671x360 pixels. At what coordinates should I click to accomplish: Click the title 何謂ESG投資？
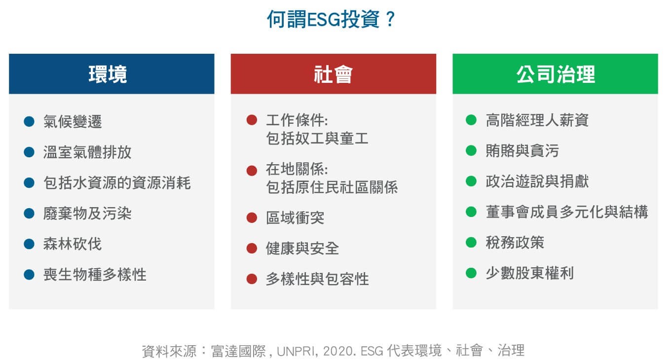coord(331,19)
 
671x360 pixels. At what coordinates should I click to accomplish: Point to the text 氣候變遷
coord(73,122)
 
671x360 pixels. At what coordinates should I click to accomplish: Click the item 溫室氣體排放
coord(87,152)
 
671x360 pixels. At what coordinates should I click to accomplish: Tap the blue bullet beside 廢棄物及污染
coord(29,214)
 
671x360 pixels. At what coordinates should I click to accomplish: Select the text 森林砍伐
coord(73,244)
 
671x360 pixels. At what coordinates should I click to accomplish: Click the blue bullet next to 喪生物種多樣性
coord(29,275)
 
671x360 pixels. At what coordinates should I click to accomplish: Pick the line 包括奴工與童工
coord(317,139)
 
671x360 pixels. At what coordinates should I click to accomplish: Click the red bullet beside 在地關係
coord(252,171)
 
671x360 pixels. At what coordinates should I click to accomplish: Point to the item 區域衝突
coord(295,218)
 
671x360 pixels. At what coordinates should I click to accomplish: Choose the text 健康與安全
coord(302,249)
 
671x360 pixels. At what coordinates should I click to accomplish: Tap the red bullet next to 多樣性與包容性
coord(252,279)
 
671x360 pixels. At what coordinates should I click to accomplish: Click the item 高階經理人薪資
coord(537,120)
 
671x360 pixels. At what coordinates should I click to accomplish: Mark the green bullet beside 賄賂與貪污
coord(471,150)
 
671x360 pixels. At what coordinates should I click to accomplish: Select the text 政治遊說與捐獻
coord(537,181)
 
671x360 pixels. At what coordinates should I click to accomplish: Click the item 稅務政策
coord(515,242)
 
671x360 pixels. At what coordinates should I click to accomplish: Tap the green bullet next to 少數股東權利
coord(471,273)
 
